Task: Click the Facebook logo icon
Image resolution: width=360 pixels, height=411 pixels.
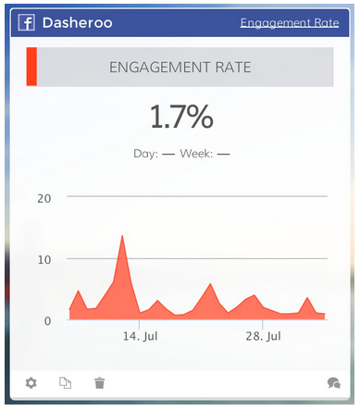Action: (x=26, y=22)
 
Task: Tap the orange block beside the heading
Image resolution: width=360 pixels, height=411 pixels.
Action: (x=31, y=68)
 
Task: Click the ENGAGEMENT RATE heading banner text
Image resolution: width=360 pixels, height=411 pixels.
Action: (x=180, y=68)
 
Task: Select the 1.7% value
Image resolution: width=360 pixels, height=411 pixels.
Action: (x=180, y=117)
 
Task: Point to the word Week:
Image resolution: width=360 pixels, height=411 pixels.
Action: (x=196, y=154)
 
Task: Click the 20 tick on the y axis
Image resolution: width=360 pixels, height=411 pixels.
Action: (x=43, y=197)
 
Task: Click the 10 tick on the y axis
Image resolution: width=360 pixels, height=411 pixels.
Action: (x=43, y=258)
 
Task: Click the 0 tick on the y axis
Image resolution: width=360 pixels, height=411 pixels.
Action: (x=47, y=319)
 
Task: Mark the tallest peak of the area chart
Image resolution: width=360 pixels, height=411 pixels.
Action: (x=122, y=236)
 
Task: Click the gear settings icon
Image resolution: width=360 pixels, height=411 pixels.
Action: (x=31, y=382)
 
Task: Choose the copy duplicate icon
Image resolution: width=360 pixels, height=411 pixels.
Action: (x=66, y=382)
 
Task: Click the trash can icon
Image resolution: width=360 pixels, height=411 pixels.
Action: (x=100, y=382)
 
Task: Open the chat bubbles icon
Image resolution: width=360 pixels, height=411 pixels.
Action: (x=333, y=382)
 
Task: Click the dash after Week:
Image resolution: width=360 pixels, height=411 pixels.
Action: (x=223, y=154)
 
